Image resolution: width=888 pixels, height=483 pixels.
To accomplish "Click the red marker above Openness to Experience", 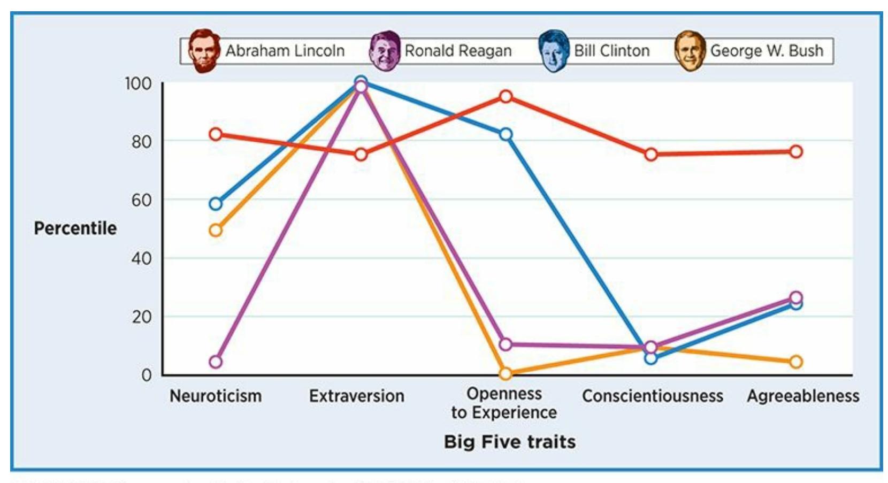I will tap(506, 97).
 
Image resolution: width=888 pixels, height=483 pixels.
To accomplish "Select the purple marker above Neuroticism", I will tap(216, 362).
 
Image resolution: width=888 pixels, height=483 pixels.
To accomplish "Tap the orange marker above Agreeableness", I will tap(796, 362).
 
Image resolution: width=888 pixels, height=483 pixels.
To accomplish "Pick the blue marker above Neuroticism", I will tap(216, 204).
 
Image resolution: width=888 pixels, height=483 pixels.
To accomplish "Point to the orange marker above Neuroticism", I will tap(216, 231).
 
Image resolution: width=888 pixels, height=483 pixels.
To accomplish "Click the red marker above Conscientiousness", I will tap(651, 155).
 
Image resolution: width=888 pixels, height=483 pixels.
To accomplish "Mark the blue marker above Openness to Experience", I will tap(506, 134).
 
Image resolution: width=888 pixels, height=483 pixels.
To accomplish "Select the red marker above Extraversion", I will tap(361, 155).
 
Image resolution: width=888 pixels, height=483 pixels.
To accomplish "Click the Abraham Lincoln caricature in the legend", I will tap(204, 51).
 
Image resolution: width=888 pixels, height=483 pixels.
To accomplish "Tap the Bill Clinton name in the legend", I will tap(611, 51).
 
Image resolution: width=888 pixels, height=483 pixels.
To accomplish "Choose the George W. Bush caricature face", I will tap(690, 51).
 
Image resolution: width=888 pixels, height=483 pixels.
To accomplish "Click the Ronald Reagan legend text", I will tap(458, 51).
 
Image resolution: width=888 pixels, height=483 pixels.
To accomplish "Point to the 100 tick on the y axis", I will tap(138, 83).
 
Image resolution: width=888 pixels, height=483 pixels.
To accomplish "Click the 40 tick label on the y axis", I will tap(141, 258).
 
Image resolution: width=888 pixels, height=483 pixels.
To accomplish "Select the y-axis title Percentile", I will tap(75, 228).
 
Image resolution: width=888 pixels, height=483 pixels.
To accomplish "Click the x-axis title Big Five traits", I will tap(510, 442).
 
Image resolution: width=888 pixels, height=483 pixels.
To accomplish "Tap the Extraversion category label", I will tap(357, 396).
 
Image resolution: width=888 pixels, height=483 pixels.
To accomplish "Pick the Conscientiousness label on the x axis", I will tap(653, 396).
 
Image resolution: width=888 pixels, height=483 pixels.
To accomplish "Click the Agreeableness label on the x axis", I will tap(803, 396).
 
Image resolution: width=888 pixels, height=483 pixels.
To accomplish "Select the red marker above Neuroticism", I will tap(216, 134).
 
